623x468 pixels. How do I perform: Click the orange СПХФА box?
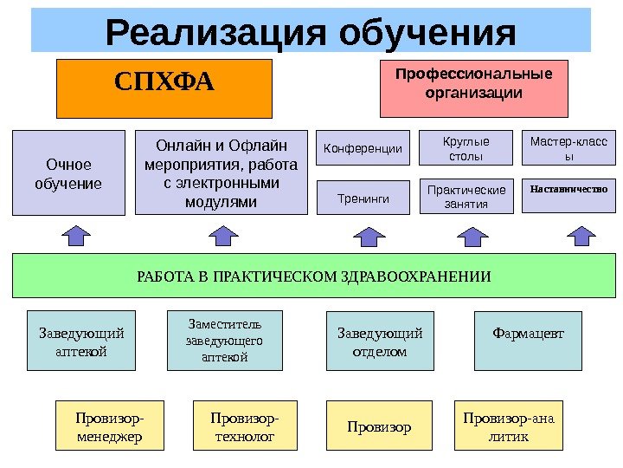164,88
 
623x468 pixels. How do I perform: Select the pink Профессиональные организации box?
474,88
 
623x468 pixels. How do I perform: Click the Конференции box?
363,148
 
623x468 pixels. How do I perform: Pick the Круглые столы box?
466,148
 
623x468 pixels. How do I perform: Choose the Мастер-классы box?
568,148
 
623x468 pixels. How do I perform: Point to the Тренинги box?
363,198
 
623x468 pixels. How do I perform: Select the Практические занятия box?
466,197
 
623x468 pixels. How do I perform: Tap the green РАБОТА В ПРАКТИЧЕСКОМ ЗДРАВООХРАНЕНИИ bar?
313,276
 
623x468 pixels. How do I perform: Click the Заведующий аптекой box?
81,341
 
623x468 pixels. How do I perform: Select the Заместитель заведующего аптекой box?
224,341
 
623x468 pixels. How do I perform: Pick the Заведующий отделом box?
380,341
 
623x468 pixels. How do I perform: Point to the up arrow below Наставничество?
579,236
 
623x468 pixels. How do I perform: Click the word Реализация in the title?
215,33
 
